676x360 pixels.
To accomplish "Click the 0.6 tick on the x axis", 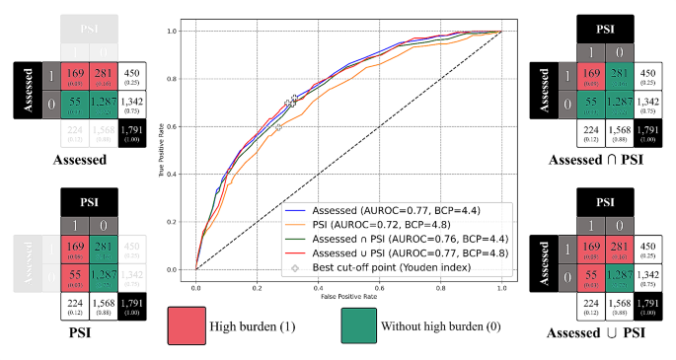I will (379, 288).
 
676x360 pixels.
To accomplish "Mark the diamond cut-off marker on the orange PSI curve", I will (279, 127).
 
